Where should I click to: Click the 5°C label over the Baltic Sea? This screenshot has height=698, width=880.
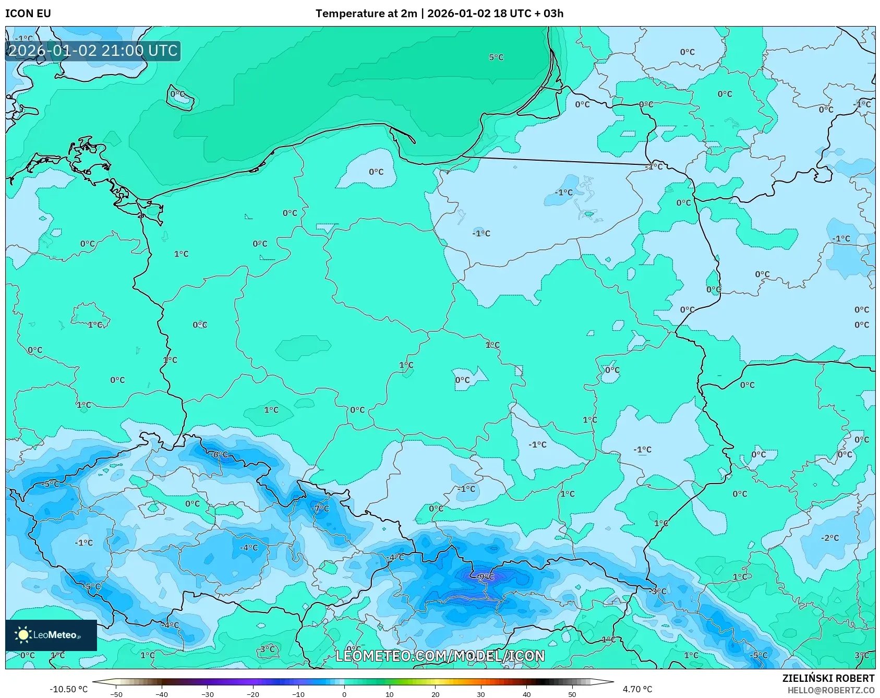(496, 57)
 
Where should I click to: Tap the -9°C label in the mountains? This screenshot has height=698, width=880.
(486, 576)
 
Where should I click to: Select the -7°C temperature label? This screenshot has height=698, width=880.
(320, 508)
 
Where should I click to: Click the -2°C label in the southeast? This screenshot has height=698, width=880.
(829, 538)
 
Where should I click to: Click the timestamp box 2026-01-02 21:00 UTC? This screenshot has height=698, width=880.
(93, 51)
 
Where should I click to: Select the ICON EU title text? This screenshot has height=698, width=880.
(28, 13)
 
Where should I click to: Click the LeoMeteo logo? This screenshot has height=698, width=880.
(51, 635)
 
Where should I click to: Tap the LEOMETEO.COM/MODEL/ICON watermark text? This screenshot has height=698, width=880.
(440, 656)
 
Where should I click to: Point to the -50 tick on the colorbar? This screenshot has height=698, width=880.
(116, 694)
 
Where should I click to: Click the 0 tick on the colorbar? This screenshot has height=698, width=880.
(344, 694)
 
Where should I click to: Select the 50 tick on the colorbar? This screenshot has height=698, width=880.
(572, 694)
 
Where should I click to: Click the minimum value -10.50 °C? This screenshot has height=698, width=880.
(68, 689)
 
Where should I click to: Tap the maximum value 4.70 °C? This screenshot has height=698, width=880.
(637, 689)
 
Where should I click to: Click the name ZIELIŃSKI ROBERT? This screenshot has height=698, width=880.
(828, 678)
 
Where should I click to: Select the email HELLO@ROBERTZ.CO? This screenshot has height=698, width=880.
(830, 690)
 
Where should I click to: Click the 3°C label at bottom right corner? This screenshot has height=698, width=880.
(861, 655)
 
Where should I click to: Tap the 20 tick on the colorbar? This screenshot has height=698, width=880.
(435, 694)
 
